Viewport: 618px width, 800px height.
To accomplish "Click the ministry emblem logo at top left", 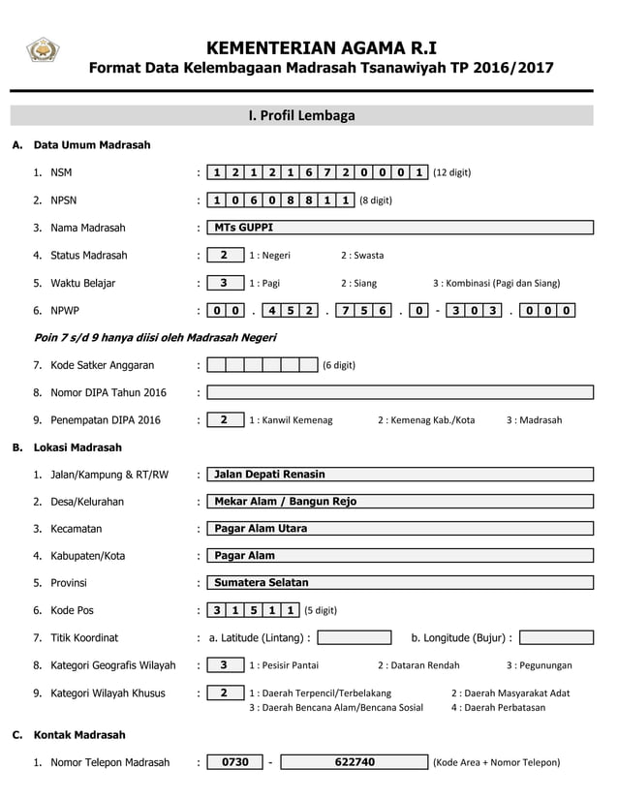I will click(43, 50).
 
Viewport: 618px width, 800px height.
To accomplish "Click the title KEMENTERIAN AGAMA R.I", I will click(322, 48).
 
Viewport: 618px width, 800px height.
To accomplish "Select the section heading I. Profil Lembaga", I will click(301, 115).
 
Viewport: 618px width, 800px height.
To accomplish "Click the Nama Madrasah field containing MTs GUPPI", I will click(400, 228).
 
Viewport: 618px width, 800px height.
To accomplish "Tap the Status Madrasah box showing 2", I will click(225, 256).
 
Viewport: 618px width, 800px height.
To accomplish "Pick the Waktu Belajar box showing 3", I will click(225, 283).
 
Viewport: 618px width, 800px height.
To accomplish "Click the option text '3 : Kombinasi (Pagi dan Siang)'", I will click(496, 284).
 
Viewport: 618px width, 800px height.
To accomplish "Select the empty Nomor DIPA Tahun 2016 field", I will click(400, 392).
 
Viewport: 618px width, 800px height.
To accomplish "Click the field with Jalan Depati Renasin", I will click(400, 475).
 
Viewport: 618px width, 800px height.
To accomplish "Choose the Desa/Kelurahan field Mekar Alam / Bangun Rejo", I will click(400, 502).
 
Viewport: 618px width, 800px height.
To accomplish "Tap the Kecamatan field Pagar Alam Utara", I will click(400, 529).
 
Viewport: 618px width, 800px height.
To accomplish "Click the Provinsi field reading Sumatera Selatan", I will click(400, 583).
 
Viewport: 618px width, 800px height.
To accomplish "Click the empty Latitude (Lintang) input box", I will click(355, 637).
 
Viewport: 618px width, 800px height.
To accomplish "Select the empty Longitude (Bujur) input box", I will click(556, 637).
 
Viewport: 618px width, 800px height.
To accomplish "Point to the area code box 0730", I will click(235, 762).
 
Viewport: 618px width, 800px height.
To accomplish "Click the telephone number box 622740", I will click(354, 762).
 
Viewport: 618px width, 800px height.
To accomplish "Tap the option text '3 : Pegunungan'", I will click(539, 665).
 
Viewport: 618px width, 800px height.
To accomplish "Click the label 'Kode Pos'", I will click(70, 610).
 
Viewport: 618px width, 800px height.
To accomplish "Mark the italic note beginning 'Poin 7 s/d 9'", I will click(155, 338).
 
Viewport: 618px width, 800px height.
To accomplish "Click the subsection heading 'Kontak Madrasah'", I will click(79, 735).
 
